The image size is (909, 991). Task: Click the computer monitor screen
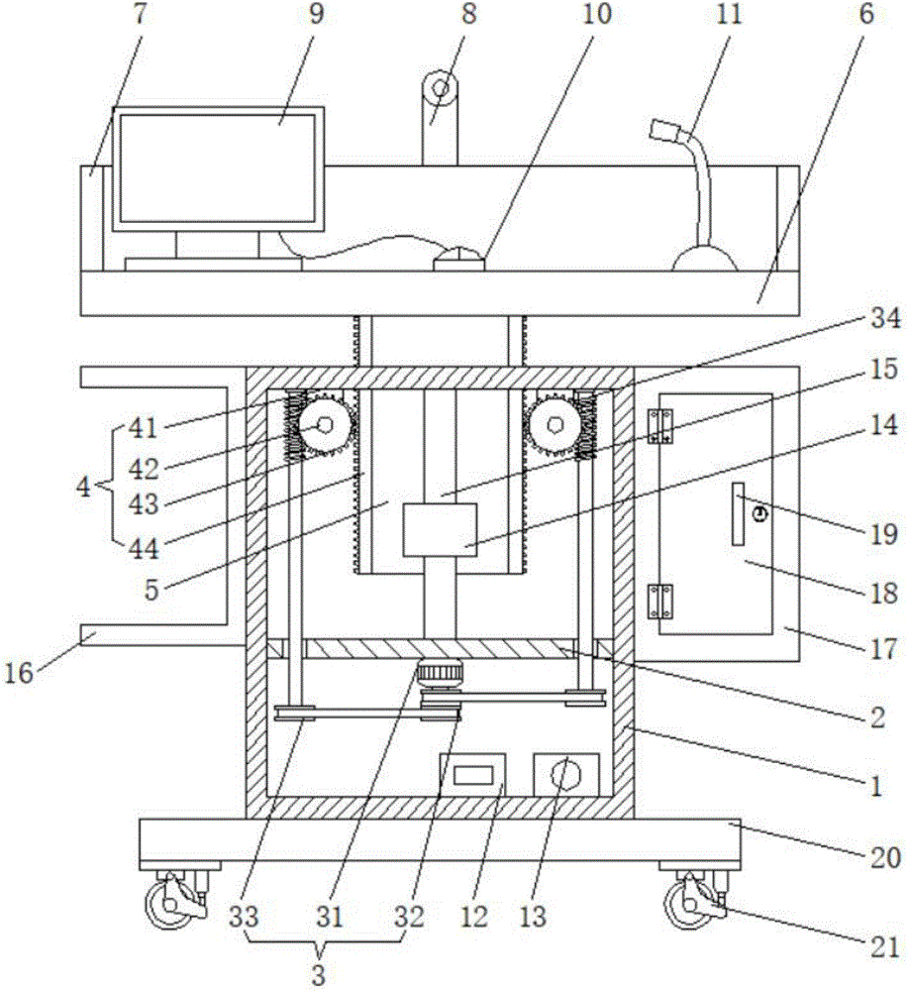coord(217,168)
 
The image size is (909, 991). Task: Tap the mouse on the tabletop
coord(459,260)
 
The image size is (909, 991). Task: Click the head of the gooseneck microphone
coord(664,130)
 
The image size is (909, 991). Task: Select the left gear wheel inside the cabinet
coord(325,425)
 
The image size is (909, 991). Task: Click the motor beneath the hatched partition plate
coord(440,671)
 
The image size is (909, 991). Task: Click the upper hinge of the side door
coord(660,426)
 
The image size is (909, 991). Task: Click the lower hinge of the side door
coord(660,602)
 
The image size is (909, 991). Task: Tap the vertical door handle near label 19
coord(738,513)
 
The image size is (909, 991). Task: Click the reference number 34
coord(885,317)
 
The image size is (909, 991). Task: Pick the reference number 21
coord(884,947)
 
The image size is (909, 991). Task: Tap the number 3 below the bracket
coord(319,974)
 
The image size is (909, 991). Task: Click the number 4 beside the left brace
coord(83,488)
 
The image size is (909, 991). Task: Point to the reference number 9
coord(317,14)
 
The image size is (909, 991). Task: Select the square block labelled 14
coord(440,529)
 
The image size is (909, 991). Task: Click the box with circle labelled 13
coord(566,774)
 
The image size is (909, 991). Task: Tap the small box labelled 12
coord(472,775)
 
